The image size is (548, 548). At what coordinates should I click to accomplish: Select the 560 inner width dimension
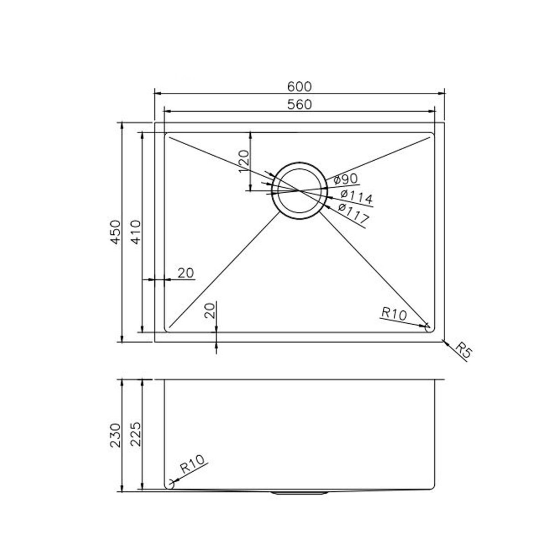pyautogui.click(x=299, y=105)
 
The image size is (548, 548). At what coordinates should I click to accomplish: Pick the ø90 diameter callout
pyautogui.click(x=345, y=179)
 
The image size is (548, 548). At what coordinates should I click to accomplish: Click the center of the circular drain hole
pyautogui.click(x=299, y=190)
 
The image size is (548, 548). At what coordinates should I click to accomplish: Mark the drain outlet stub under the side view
pyautogui.click(x=299, y=493)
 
